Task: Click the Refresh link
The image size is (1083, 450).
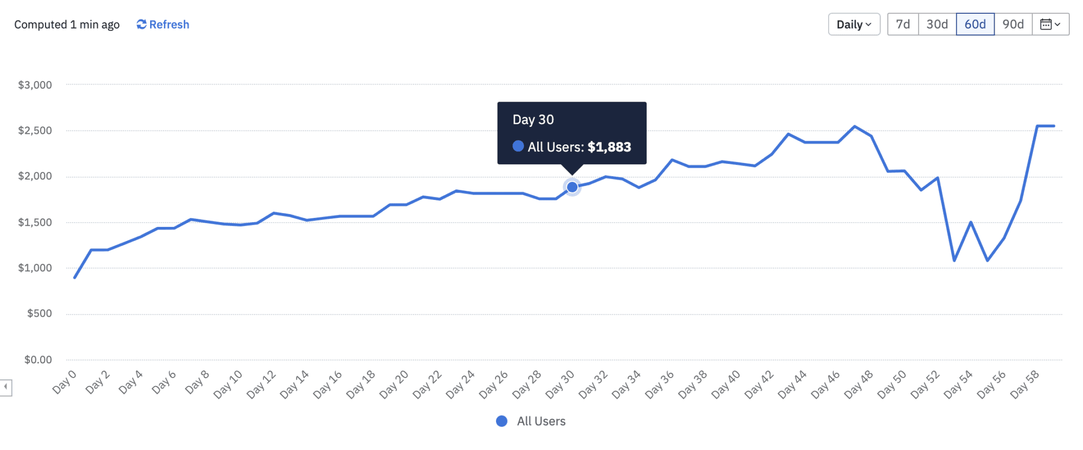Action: click(x=163, y=24)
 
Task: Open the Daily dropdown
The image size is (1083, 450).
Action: click(x=853, y=24)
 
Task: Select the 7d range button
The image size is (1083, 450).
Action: click(x=903, y=24)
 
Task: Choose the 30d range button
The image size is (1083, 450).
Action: click(x=937, y=24)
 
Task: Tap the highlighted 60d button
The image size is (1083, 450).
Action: click(x=975, y=24)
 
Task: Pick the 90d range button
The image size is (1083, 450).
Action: click(x=1013, y=24)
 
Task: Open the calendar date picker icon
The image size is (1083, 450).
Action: click(x=1050, y=24)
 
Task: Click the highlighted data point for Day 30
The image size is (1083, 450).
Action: click(x=572, y=187)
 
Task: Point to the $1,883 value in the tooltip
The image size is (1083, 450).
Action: click(x=609, y=147)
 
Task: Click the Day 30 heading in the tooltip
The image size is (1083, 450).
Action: click(x=533, y=120)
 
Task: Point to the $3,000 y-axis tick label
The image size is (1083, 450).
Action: click(x=35, y=85)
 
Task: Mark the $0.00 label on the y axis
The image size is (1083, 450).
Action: click(x=38, y=360)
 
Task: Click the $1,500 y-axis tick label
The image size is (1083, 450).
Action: click(x=35, y=223)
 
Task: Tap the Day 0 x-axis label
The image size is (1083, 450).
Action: click(x=65, y=382)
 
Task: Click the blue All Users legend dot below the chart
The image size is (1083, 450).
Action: click(x=502, y=421)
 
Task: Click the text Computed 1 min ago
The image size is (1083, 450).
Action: click(x=67, y=25)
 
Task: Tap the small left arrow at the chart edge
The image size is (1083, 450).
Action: click(x=5, y=387)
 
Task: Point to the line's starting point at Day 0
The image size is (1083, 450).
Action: click(x=75, y=277)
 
